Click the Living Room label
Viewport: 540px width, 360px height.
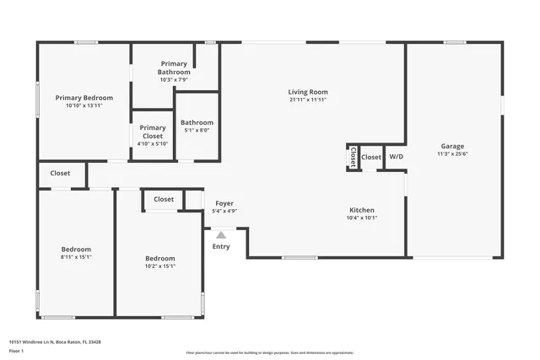click(307, 92)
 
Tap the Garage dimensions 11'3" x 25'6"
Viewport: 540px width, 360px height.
click(452, 154)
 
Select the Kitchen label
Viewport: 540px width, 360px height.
click(362, 210)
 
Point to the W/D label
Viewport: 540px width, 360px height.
click(396, 157)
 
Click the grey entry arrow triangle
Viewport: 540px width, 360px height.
click(221, 235)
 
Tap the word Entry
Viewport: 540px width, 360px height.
click(221, 247)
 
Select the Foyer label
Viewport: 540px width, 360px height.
click(224, 203)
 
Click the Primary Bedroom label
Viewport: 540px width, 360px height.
click(84, 98)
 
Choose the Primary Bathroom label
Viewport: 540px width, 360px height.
click(174, 68)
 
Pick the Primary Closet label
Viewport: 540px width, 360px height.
click(153, 132)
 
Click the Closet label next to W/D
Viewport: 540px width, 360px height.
click(371, 157)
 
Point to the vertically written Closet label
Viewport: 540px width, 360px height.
click(352, 158)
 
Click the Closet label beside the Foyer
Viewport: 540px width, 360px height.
click(164, 200)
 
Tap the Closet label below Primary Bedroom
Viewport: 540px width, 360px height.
click(61, 173)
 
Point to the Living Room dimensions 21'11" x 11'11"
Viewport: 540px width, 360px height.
click(307, 100)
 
